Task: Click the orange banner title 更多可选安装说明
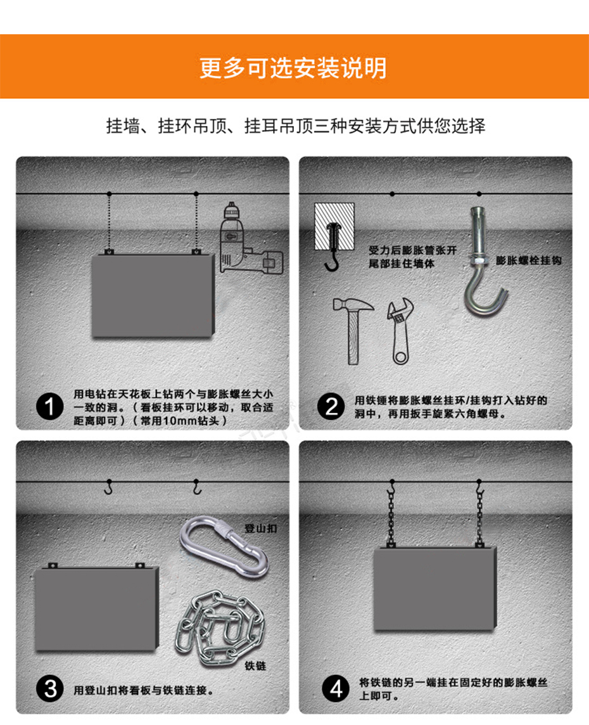pos(293,68)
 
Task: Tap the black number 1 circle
pos(49,407)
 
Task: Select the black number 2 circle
pos(331,407)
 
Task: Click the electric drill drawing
pos(250,238)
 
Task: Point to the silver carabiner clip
pos(224,547)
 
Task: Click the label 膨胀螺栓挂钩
pos(529,260)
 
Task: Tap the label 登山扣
pos(260,528)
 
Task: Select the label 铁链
pos(255,666)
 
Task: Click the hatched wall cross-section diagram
pos(334,226)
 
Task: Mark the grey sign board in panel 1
pos(153,295)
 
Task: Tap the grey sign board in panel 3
pos(97,608)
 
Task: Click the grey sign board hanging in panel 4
pos(434,589)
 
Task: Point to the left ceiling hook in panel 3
pos(108,487)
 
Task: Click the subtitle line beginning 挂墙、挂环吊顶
pos(296,125)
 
